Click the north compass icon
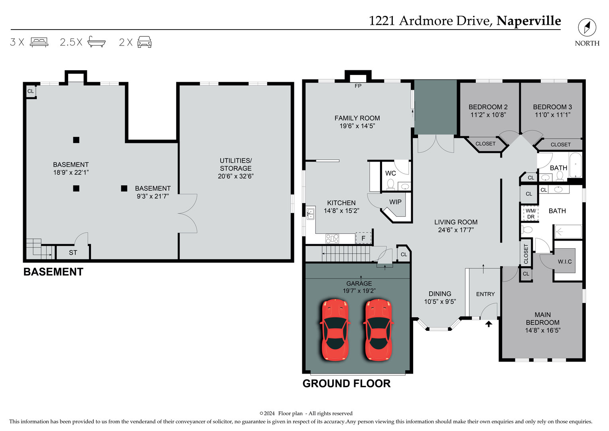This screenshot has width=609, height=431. click(587, 28)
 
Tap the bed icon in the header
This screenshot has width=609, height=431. click(39, 42)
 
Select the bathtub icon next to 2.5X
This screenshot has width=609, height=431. click(97, 42)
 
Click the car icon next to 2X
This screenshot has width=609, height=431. click(144, 42)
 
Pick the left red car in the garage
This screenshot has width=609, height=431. click(335, 330)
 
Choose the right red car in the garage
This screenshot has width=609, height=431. click(378, 330)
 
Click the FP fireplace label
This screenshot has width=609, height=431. click(358, 86)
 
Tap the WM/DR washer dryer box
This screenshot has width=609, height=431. click(530, 214)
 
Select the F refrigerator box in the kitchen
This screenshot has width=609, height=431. click(363, 238)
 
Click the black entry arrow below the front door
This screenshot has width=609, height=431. click(489, 324)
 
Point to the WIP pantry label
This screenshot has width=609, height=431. click(395, 202)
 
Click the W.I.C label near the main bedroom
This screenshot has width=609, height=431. click(564, 261)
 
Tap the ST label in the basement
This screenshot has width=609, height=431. click(73, 253)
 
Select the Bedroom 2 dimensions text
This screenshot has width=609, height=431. click(488, 115)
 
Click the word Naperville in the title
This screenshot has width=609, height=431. click(528, 21)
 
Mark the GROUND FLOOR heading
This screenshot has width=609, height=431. click(346, 384)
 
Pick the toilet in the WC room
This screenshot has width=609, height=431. click(390, 184)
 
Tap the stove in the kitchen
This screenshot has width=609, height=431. click(332, 239)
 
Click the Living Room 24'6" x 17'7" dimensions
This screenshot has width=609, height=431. click(455, 230)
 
